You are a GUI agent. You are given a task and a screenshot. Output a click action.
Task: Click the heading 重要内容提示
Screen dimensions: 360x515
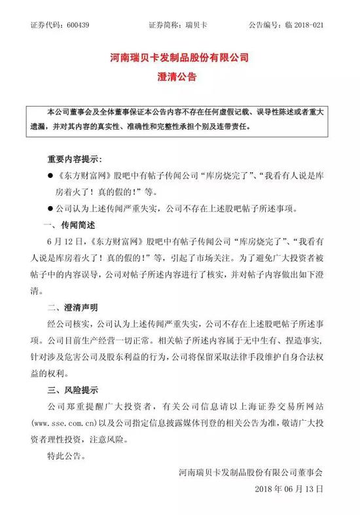pos(74,160)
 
